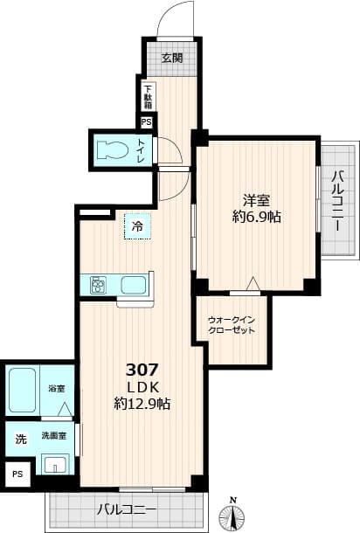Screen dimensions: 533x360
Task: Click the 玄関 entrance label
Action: pyautogui.click(x=172, y=59)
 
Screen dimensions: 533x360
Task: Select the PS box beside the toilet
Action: pyautogui.click(x=146, y=122)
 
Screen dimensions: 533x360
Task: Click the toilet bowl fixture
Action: pyautogui.click(x=110, y=148)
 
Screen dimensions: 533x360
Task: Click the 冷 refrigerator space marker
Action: pyautogui.click(x=137, y=226)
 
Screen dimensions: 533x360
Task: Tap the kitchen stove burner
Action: pyautogui.click(x=97, y=285)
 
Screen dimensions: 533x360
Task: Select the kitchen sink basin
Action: pyautogui.click(x=134, y=285)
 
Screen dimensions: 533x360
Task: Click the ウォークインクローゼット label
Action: pyautogui.click(x=232, y=326)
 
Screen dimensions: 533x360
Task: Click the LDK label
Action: pyautogui.click(x=142, y=386)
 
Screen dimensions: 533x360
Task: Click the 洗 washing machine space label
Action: pyautogui.click(x=20, y=439)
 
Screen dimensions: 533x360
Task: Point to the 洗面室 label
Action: pyautogui.click(x=54, y=434)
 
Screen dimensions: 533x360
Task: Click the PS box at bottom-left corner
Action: pyautogui.click(x=17, y=473)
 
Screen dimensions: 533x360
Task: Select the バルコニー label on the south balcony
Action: pyautogui.click(x=127, y=509)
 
